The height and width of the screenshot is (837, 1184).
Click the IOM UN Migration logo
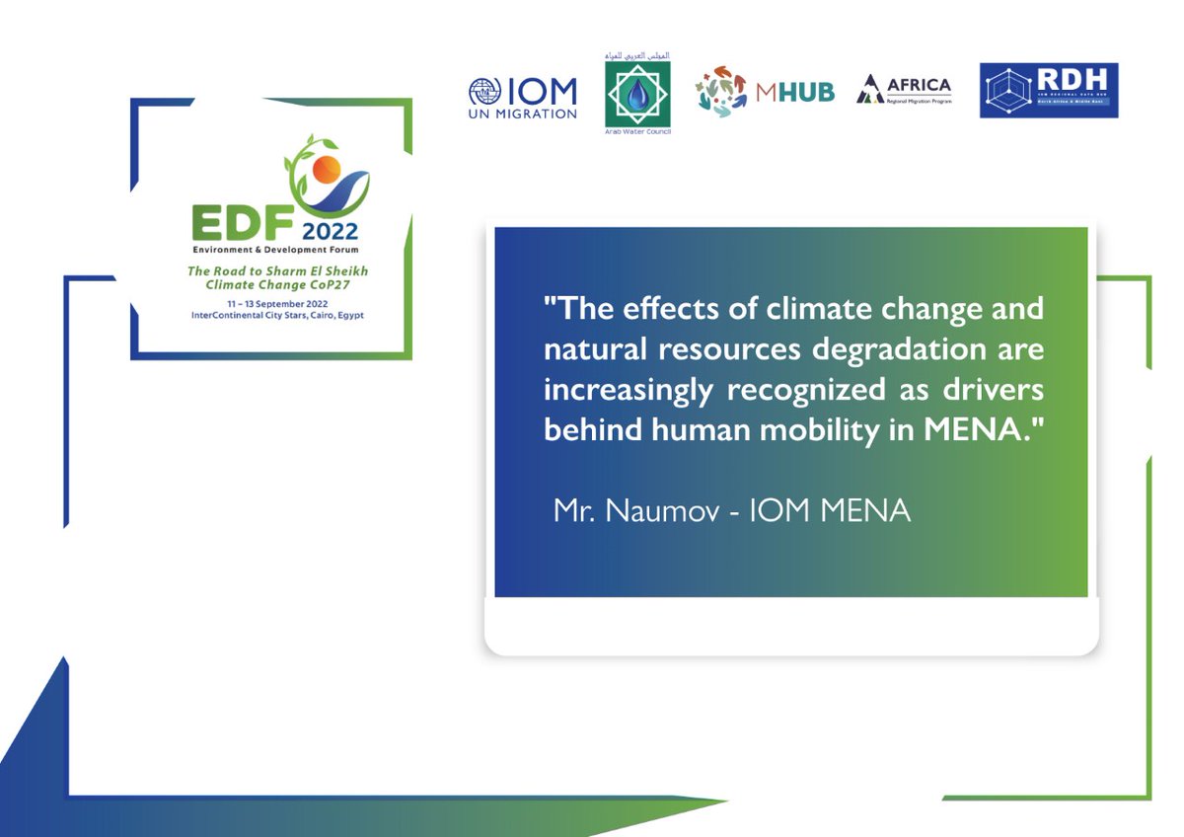[x=523, y=97]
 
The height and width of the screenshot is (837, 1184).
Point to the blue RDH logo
[x=1048, y=91]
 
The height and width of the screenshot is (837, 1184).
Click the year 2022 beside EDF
[x=331, y=233]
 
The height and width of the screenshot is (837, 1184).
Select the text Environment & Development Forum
[x=271, y=251]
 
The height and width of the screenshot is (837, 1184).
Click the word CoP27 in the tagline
[x=318, y=284]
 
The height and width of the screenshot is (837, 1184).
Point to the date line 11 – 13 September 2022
[x=271, y=303]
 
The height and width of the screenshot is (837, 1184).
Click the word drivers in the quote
[x=994, y=390]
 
